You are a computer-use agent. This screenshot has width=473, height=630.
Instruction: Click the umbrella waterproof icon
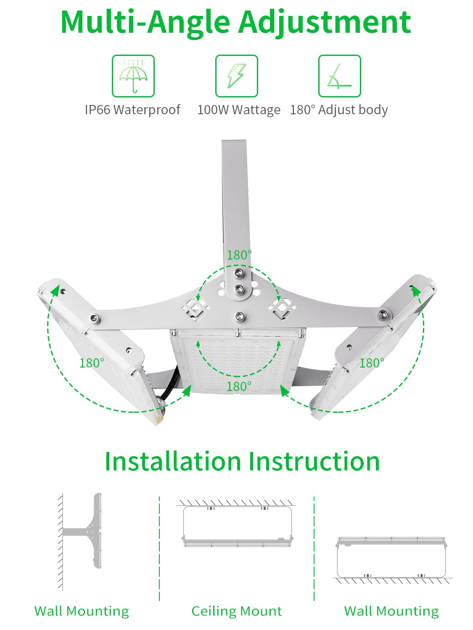click(x=133, y=76)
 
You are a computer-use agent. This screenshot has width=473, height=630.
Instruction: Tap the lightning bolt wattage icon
click(x=236, y=76)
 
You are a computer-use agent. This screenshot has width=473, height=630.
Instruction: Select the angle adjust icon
click(x=339, y=76)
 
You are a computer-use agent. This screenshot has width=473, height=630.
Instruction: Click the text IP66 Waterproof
click(x=132, y=110)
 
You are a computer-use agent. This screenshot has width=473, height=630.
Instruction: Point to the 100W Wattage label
click(x=238, y=110)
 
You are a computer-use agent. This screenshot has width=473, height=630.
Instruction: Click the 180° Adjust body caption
click(x=338, y=110)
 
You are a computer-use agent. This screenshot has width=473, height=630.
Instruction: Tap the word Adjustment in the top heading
click(x=325, y=22)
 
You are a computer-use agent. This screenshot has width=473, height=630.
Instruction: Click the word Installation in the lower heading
click(x=173, y=462)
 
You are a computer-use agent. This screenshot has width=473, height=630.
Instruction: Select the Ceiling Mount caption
click(x=237, y=611)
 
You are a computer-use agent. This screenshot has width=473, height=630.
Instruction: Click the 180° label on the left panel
click(x=92, y=363)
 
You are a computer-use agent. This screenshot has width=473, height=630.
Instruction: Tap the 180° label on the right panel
click(x=372, y=363)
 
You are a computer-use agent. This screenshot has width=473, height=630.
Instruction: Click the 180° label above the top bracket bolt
click(x=239, y=255)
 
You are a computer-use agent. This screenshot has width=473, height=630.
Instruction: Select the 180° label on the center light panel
click(x=239, y=386)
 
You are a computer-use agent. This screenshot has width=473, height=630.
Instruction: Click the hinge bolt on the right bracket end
click(x=382, y=314)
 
